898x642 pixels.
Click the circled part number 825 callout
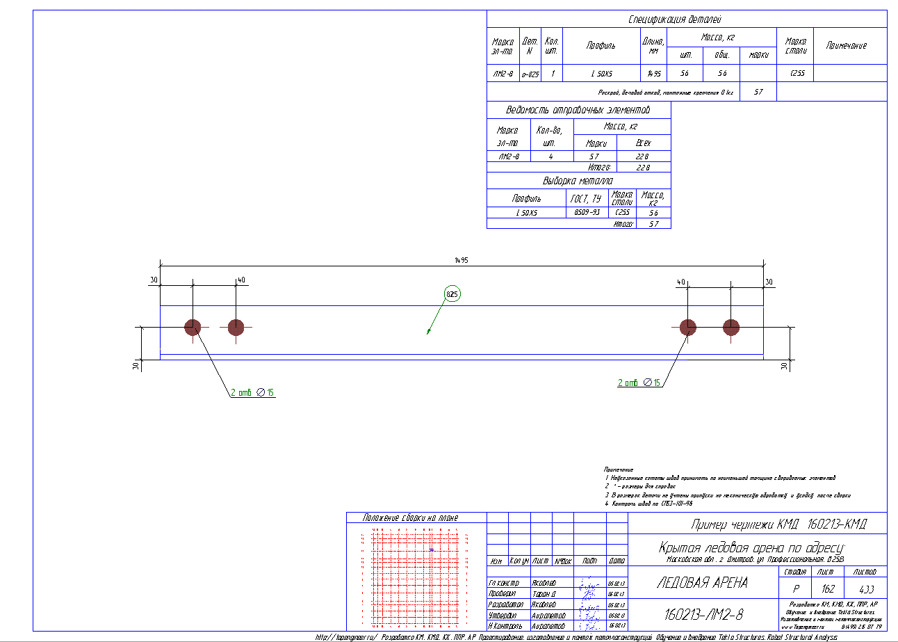click(x=452, y=294)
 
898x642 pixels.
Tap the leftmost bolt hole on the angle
click(x=193, y=327)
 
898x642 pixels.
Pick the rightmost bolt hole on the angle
click(x=730, y=327)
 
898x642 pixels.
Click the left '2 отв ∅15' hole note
click(x=252, y=393)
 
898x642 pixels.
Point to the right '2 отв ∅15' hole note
click(x=639, y=383)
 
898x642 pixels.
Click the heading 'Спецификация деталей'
click(x=685, y=19)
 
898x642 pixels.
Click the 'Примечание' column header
click(x=846, y=45)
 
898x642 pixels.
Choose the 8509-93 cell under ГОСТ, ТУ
click(x=587, y=212)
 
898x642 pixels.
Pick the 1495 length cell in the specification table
click(x=653, y=73)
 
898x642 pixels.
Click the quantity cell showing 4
click(x=550, y=157)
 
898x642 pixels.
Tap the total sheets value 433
click(x=865, y=588)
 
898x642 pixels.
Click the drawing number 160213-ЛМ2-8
click(x=703, y=614)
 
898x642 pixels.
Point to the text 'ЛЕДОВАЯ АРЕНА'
click(x=702, y=582)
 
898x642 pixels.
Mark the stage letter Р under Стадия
click(x=796, y=588)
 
